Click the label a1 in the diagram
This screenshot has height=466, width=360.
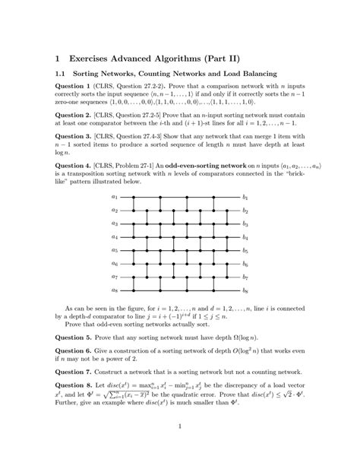pyautogui.click(x=115, y=197)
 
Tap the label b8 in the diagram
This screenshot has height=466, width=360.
pyautogui.click(x=245, y=290)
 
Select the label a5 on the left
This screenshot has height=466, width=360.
pyautogui.click(x=115, y=250)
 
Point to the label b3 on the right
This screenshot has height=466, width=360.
pyautogui.click(x=245, y=223)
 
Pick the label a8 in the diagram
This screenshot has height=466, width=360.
pyautogui.click(x=115, y=290)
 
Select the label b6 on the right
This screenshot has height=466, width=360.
pyautogui.click(x=245, y=264)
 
